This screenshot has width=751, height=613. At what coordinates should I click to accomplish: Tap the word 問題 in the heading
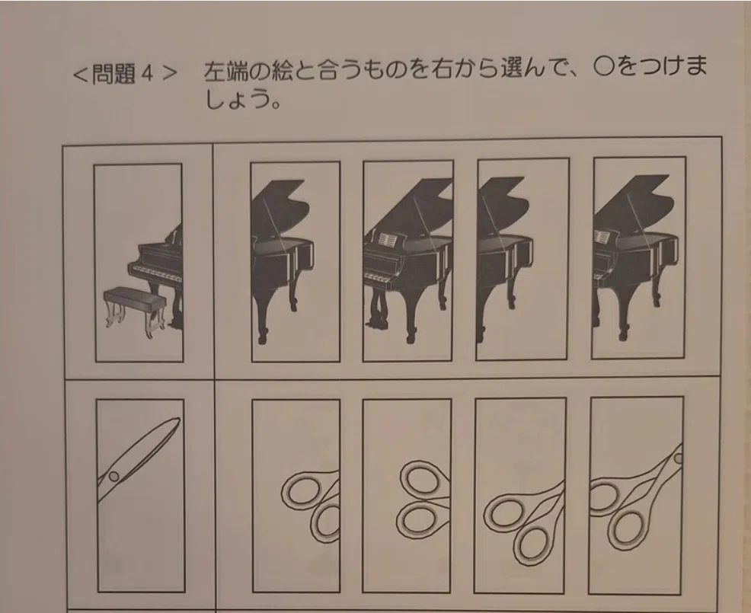113,74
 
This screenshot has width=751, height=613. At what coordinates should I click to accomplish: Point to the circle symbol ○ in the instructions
603,66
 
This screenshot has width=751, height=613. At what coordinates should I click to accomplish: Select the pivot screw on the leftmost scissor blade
113,476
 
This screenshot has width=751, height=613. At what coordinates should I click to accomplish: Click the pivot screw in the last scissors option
678,458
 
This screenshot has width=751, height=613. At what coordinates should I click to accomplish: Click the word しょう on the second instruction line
235,99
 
